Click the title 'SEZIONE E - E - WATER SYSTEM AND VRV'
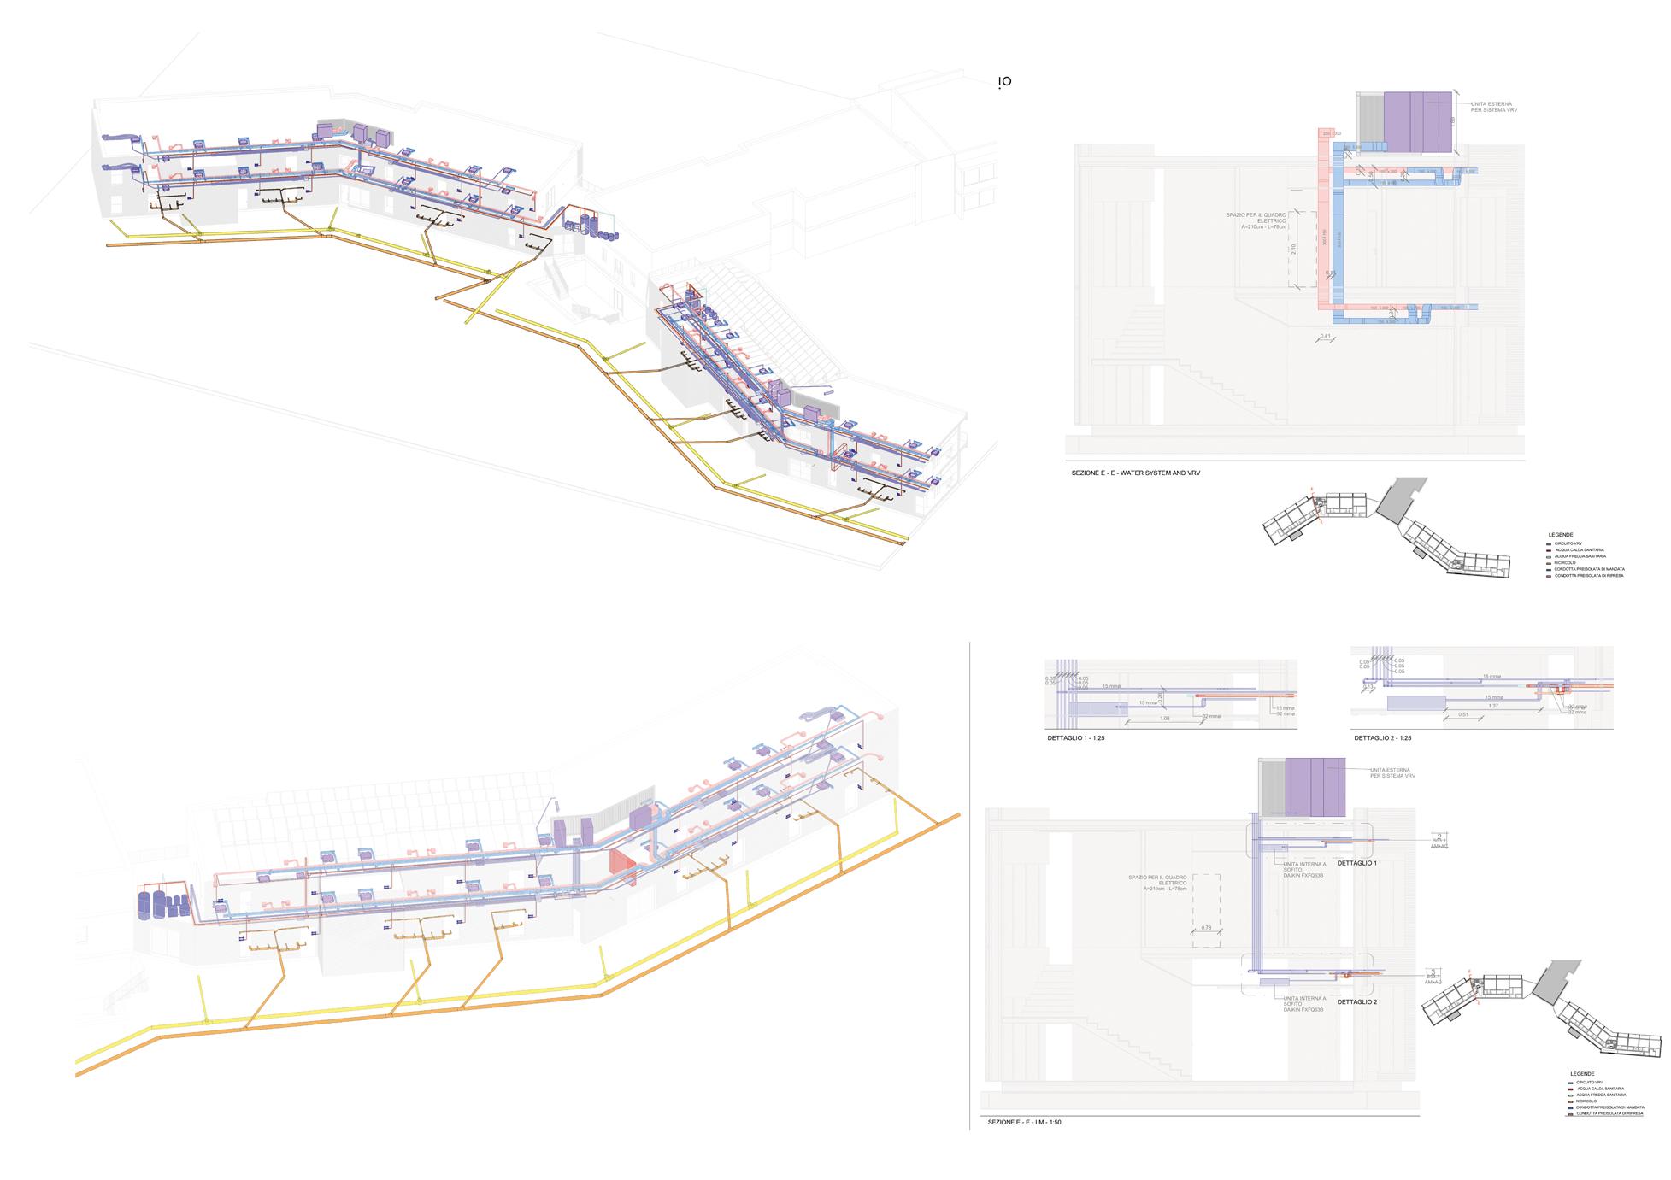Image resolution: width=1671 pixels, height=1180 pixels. (1135, 473)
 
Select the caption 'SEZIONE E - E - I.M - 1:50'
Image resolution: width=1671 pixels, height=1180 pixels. (1023, 1122)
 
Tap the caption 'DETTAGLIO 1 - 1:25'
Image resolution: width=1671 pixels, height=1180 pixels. (1075, 737)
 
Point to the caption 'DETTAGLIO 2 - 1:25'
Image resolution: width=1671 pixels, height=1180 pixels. (1382, 737)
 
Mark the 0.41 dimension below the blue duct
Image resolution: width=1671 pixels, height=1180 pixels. (1325, 336)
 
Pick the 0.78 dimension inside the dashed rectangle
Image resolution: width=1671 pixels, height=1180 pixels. (1206, 927)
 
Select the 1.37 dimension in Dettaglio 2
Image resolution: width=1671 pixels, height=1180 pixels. (1493, 706)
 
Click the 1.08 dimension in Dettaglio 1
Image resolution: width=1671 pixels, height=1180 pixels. (1164, 719)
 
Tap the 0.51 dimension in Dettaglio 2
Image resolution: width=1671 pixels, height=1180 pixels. (1463, 714)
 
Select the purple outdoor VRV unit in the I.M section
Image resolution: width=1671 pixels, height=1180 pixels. (1316, 786)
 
